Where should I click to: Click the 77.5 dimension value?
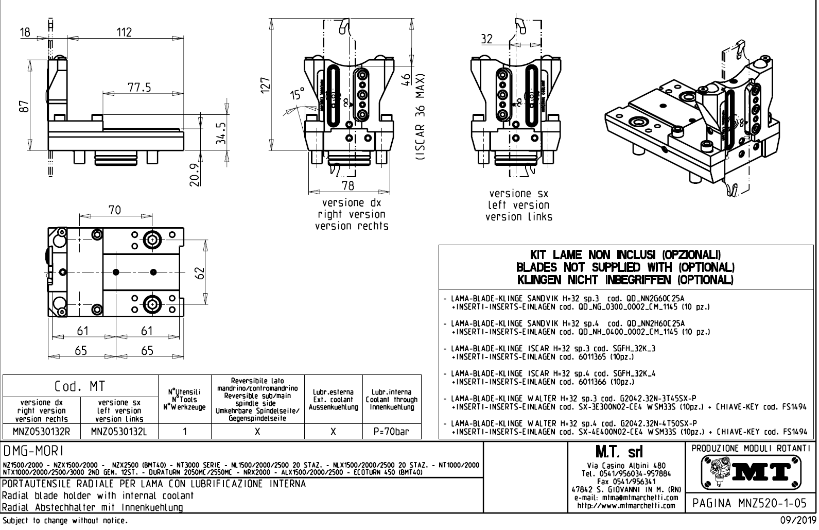[x=140, y=87]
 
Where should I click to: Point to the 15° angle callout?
[x=297, y=95]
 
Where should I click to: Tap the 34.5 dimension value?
[x=220, y=133]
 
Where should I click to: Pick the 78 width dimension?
[x=348, y=185]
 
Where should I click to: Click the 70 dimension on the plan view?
[x=114, y=210]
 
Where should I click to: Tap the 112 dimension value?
[x=124, y=32]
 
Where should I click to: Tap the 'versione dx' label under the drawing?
[x=351, y=203]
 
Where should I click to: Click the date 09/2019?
[x=795, y=521]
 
